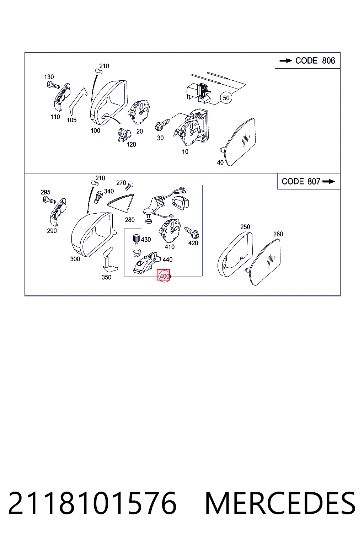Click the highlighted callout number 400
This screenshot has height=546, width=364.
(x=164, y=276)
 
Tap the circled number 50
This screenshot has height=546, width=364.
(x=226, y=98)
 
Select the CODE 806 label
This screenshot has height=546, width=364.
(x=315, y=60)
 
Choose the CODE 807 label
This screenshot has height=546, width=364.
(x=301, y=181)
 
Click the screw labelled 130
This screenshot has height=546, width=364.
(x=53, y=85)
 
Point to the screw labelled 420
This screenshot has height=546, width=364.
(x=192, y=232)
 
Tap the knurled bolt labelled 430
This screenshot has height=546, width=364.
(x=136, y=240)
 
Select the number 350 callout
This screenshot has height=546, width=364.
(x=106, y=277)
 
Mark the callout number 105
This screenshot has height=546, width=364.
(x=72, y=120)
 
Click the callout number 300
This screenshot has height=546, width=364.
(x=75, y=259)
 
